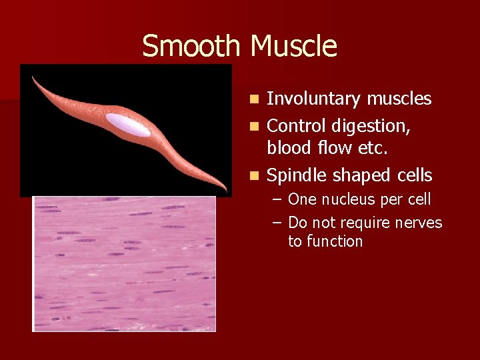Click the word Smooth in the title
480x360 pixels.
pos(191,47)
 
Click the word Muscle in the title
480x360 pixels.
pos(294,47)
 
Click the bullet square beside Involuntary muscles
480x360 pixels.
pos(254,100)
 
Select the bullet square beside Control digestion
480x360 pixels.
pos(254,125)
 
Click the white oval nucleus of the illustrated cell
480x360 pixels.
pos(128,124)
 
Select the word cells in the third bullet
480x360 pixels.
pos(413,176)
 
